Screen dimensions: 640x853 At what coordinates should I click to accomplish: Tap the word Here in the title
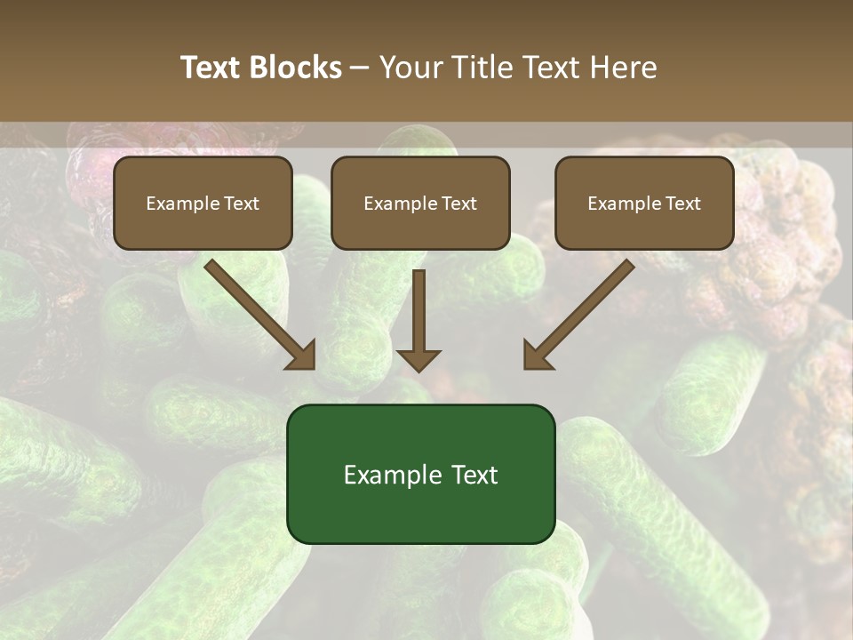click(x=623, y=68)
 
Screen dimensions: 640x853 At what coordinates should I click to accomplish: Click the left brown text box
click(x=203, y=203)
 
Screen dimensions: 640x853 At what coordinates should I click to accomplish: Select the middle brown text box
click(x=420, y=203)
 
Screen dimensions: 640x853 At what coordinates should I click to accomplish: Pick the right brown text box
click(x=644, y=203)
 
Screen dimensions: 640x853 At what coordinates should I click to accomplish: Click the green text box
click(x=420, y=474)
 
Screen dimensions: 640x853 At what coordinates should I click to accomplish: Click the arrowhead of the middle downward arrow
click(x=419, y=360)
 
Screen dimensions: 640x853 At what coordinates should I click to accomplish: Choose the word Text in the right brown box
click(x=682, y=204)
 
